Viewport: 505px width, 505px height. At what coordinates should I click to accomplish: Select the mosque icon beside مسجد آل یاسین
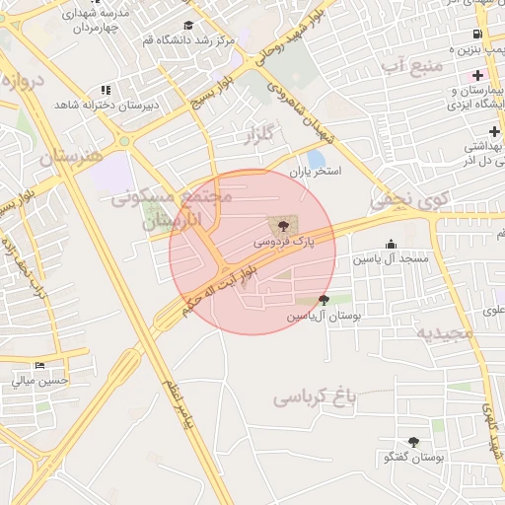tap(392, 245)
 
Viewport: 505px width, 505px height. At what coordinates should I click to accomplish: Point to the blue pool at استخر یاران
tap(316, 158)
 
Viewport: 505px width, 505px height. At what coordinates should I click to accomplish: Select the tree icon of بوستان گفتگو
tap(413, 443)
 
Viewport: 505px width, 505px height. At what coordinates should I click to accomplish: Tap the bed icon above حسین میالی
tap(39, 366)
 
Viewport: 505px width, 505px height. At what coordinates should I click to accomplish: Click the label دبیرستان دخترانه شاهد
tap(101, 104)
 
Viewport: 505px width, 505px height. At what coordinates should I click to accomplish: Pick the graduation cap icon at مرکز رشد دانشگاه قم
tap(188, 27)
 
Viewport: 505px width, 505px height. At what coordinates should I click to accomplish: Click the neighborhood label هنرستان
tap(71, 156)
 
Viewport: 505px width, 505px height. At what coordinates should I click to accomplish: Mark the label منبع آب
tap(407, 65)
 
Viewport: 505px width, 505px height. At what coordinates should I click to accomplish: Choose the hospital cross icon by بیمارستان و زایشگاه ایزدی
tap(477, 76)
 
